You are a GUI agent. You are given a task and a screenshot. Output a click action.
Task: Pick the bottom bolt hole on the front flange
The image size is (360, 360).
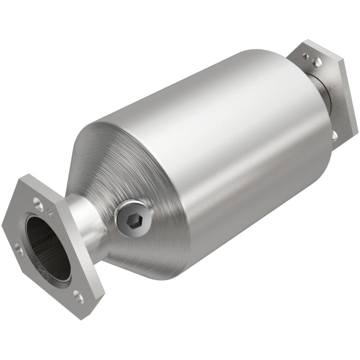(x=79, y=295)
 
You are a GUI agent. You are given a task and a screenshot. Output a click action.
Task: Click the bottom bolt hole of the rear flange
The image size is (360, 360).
(x=335, y=134)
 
